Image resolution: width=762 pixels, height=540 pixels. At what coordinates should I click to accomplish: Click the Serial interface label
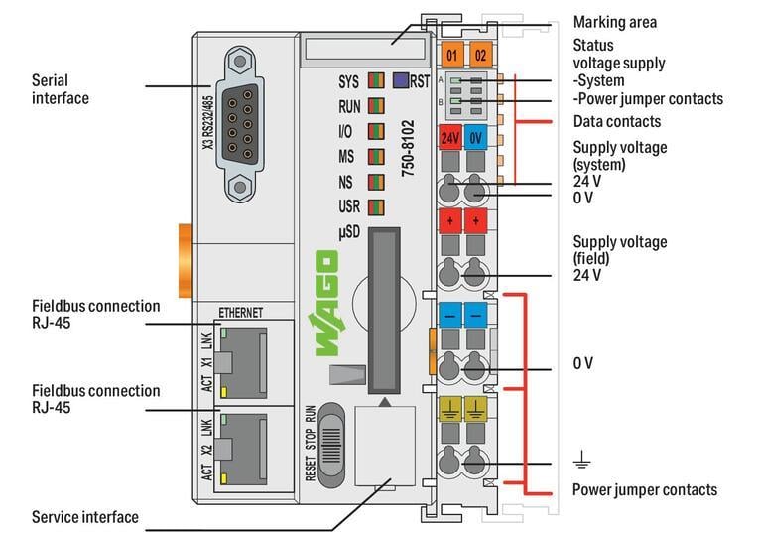pyautogui.click(x=60, y=88)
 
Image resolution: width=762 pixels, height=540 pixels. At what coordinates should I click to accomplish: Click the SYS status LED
pyautogui.click(x=376, y=81)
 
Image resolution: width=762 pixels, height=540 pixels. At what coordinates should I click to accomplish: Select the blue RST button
pyautogui.click(x=400, y=81)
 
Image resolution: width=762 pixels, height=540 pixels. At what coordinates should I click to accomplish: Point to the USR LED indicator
pyautogui.click(x=376, y=207)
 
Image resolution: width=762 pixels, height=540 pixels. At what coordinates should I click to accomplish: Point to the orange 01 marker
pyautogui.click(x=451, y=55)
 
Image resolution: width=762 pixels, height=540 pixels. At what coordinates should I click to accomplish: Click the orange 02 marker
pyautogui.click(x=480, y=55)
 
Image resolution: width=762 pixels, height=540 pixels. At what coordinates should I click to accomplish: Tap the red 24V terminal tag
pyautogui.click(x=451, y=138)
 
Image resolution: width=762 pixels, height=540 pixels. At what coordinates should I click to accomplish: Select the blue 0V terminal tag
pyautogui.click(x=476, y=138)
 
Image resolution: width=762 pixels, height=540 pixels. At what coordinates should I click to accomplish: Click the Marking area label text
pyautogui.click(x=614, y=22)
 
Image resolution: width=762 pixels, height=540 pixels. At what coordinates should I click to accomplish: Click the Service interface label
pyautogui.click(x=85, y=517)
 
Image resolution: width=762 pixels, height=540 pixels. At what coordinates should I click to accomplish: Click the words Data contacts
pyautogui.click(x=616, y=122)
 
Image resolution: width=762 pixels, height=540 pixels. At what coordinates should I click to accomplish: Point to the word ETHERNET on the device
pyautogui.click(x=240, y=312)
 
